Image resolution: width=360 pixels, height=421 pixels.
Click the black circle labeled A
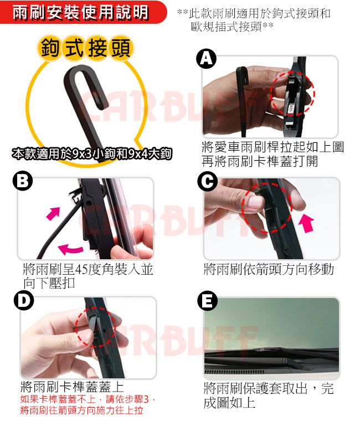click(206, 59)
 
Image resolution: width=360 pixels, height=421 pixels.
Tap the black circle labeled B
click(23, 181)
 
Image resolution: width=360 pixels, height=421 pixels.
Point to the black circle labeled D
click(24, 300)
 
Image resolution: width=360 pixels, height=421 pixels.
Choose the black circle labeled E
click(207, 301)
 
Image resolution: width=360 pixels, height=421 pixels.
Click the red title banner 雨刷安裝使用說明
click(80, 12)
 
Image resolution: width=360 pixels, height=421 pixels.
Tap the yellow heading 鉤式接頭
click(85, 48)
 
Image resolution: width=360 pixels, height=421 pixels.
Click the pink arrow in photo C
click(307, 223)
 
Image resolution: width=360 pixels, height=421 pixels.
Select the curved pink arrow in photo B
click(71, 249)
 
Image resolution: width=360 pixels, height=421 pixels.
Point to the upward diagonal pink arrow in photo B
click(53, 213)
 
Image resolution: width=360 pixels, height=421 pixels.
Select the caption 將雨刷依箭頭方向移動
click(269, 269)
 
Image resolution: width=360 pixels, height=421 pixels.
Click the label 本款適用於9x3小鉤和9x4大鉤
click(91, 153)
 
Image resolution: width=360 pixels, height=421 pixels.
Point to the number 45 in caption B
click(81, 270)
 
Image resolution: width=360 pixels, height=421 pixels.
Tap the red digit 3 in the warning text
click(146, 399)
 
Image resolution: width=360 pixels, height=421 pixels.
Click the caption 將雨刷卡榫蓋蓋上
click(73, 387)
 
